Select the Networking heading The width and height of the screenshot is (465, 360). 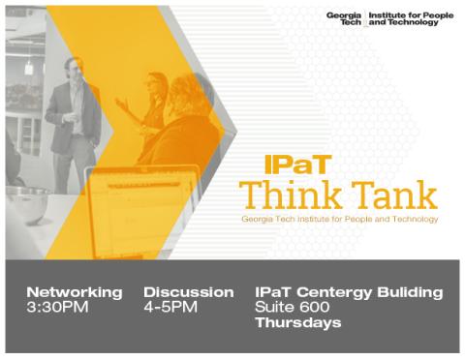point(75,291)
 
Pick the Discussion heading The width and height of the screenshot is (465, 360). point(189,291)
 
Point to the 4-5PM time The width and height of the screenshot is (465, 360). point(170,307)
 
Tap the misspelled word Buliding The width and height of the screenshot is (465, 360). point(413,291)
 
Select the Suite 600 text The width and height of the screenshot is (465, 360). point(292,307)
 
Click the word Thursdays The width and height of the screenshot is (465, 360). point(297,322)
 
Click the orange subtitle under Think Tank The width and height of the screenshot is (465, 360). point(339,220)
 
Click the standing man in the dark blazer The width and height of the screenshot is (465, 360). point(74,116)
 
